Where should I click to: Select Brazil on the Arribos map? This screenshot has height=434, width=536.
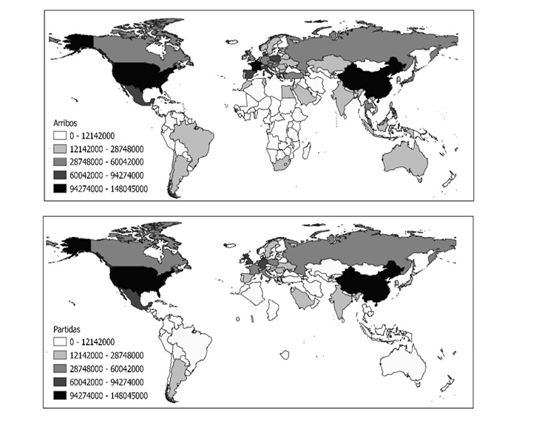coord(194,141)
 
